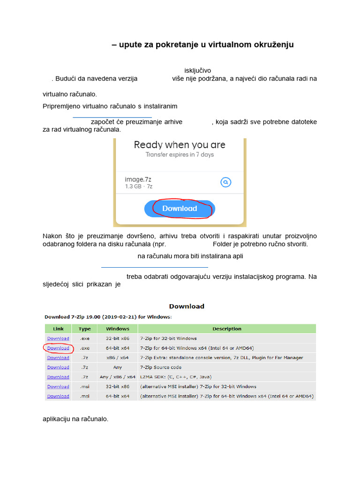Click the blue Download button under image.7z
(180, 209)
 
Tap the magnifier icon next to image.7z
(225, 182)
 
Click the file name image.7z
(138, 179)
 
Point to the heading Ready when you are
(180, 145)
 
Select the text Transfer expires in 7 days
(180, 155)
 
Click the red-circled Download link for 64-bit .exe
(58, 348)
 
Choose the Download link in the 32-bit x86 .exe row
(58, 338)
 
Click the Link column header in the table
(58, 329)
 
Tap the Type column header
(85, 329)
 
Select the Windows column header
(118, 329)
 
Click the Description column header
(227, 329)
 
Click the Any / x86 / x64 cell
(118, 377)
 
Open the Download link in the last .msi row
(58, 396)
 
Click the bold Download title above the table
(187, 307)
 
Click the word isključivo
(197, 70)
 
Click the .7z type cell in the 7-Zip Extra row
(85, 358)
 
